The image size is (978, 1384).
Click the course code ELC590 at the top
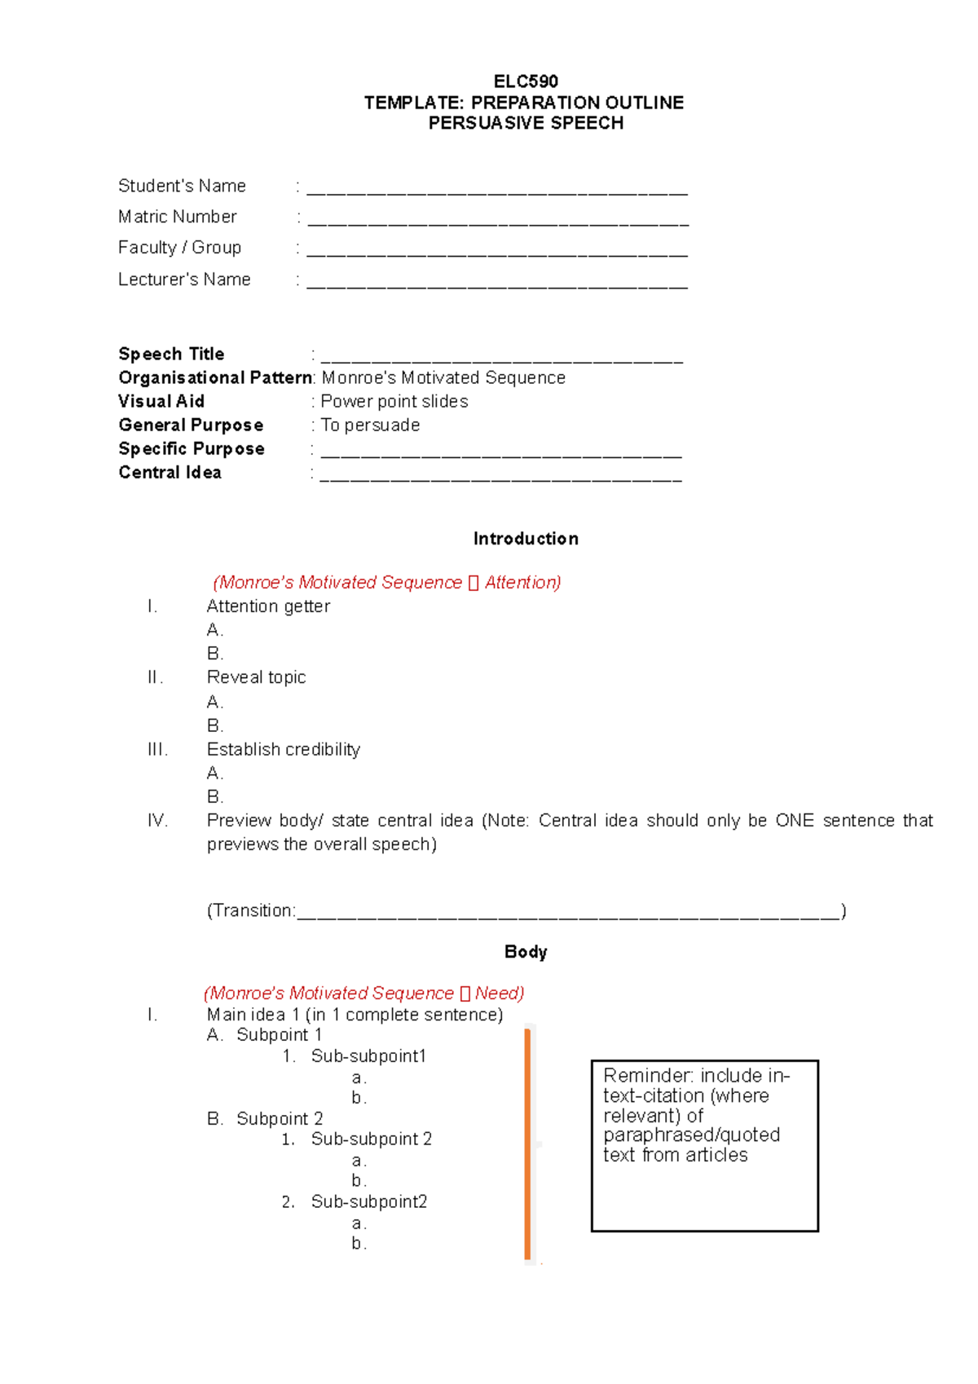coord(526,82)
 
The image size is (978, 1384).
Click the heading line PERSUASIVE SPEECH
coord(526,123)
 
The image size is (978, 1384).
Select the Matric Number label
coord(177,217)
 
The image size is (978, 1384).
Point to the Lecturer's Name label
coord(184,280)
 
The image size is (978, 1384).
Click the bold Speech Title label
coord(171,354)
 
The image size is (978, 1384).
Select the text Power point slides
coord(394,401)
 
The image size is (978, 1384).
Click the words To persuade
coord(371,425)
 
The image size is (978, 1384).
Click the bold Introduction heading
coord(526,539)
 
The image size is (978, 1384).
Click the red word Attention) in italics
coord(522,582)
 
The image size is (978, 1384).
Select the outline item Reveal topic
coord(256,677)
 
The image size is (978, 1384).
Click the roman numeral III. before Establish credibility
coord(157,749)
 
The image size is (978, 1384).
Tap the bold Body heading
coord(526,952)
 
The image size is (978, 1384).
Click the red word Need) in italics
coord(499,993)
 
